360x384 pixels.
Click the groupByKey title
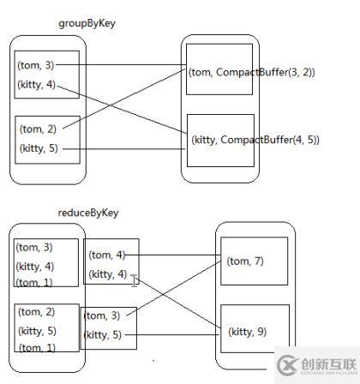tap(87, 23)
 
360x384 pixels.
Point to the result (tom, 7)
tap(245, 261)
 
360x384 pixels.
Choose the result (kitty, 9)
tap(248, 331)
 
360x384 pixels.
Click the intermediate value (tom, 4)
tap(108, 255)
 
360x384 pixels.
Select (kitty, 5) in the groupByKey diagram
tap(39, 150)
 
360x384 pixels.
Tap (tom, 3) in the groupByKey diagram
tap(37, 64)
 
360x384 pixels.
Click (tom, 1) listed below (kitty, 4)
tap(34, 283)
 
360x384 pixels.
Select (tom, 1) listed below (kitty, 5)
tap(37, 347)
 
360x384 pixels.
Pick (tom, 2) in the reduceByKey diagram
tap(37, 312)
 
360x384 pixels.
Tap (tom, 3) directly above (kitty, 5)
tap(104, 316)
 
